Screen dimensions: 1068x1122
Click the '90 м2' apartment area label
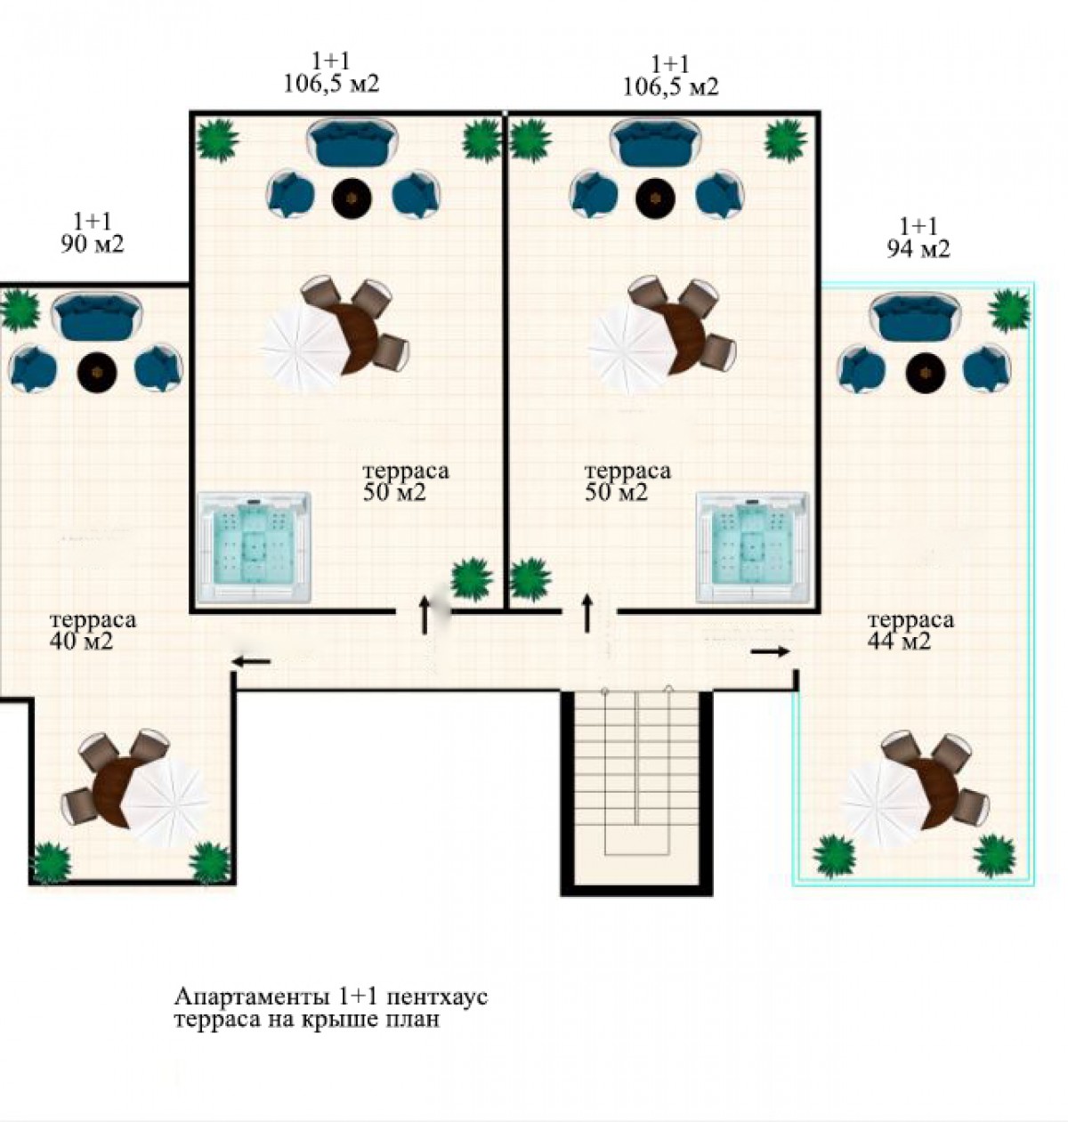[x=92, y=245]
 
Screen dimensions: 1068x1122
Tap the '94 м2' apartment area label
[x=918, y=249]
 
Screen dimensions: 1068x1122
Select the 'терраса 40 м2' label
[x=93, y=631]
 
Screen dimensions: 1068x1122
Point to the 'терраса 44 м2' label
[x=910, y=631]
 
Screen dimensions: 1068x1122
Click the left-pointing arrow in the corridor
[x=251, y=661]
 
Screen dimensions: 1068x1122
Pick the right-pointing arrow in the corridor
[x=770, y=651]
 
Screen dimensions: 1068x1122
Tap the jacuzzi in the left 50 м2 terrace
[x=254, y=547]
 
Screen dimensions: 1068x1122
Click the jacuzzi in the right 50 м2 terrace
[x=753, y=547]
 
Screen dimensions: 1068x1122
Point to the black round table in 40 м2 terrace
[x=97, y=373]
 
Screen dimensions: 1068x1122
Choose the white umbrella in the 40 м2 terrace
[x=166, y=803]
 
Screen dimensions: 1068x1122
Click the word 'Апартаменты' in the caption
[x=252, y=997]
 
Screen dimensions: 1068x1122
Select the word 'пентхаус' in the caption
[x=437, y=997]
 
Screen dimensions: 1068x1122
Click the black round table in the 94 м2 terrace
[x=926, y=373]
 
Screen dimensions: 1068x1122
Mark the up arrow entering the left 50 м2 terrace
[x=425, y=615]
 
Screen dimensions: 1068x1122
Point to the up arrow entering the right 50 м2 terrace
[x=587, y=614]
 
